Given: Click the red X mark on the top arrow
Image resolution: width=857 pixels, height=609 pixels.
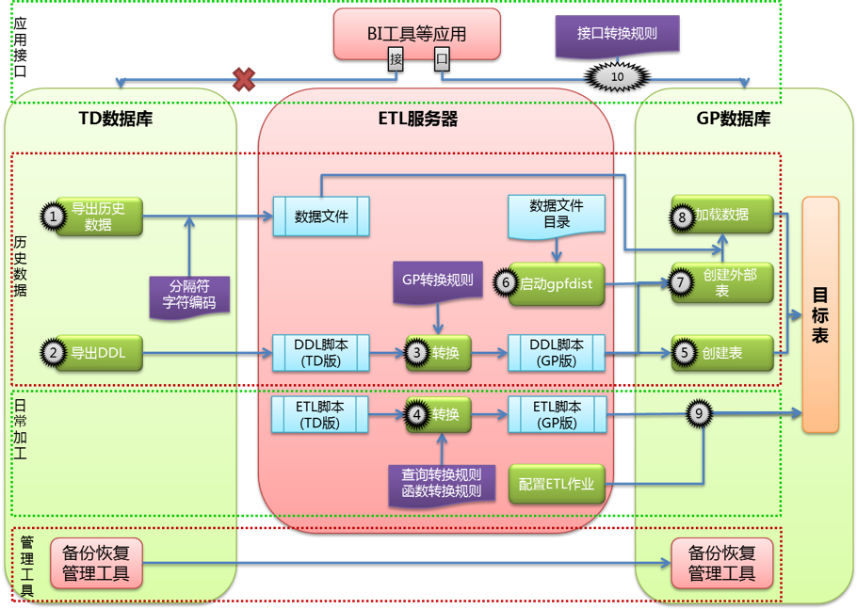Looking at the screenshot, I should click(244, 79).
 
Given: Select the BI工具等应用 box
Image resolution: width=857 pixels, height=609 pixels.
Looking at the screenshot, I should click(416, 35).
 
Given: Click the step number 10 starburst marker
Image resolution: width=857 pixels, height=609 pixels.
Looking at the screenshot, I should click(618, 75).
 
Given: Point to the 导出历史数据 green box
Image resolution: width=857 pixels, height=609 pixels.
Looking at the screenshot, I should click(98, 216).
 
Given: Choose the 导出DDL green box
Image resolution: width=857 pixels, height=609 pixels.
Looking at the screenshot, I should click(98, 353).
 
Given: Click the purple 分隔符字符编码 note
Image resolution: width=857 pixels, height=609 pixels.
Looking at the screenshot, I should click(192, 294).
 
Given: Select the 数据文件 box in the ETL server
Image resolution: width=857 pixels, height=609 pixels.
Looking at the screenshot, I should click(321, 216).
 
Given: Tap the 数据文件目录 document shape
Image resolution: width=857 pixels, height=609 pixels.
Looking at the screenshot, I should click(556, 215).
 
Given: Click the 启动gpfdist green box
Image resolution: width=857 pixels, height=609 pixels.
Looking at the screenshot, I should click(556, 283).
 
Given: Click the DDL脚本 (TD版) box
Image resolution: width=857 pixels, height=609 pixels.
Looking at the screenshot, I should click(321, 353).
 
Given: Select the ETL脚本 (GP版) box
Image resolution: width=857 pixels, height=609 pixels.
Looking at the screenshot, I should click(556, 415).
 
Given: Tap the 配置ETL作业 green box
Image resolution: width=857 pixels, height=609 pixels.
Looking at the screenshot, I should click(556, 484).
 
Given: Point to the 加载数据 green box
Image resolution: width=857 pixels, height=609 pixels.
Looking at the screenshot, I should click(722, 215).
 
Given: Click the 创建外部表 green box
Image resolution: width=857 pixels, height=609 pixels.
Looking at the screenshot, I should click(722, 283).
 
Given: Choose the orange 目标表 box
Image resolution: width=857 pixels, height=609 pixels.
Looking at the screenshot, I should click(820, 314).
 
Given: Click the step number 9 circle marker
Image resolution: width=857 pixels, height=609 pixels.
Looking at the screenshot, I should click(698, 413).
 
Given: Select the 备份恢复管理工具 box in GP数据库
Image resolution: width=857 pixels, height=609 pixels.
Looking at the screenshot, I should click(722, 562).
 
